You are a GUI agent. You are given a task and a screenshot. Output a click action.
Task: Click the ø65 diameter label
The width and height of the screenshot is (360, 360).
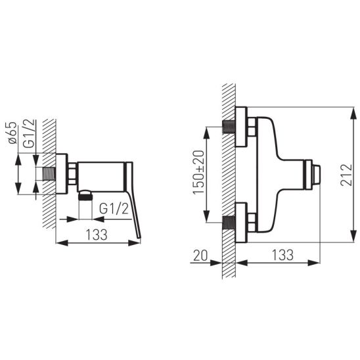point(12,133)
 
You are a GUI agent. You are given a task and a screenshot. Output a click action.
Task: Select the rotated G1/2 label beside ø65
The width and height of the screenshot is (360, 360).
point(29,133)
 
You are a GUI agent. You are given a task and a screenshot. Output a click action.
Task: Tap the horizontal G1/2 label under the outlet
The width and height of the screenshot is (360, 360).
point(114,209)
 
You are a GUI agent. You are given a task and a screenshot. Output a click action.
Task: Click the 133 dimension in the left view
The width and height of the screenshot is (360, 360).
point(97,235)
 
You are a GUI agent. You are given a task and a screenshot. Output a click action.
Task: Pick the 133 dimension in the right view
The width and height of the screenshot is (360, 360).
point(282,255)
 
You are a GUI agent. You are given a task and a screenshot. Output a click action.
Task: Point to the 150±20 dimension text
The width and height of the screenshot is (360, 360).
point(198,172)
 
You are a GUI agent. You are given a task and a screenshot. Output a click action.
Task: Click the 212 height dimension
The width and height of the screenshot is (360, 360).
point(346,175)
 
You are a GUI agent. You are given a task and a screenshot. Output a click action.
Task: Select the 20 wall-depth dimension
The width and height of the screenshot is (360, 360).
point(200,256)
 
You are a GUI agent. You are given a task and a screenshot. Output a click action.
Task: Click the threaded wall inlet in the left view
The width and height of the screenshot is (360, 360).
point(49,174)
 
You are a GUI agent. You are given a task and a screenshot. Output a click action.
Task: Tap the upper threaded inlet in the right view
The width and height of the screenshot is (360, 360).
point(229,127)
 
